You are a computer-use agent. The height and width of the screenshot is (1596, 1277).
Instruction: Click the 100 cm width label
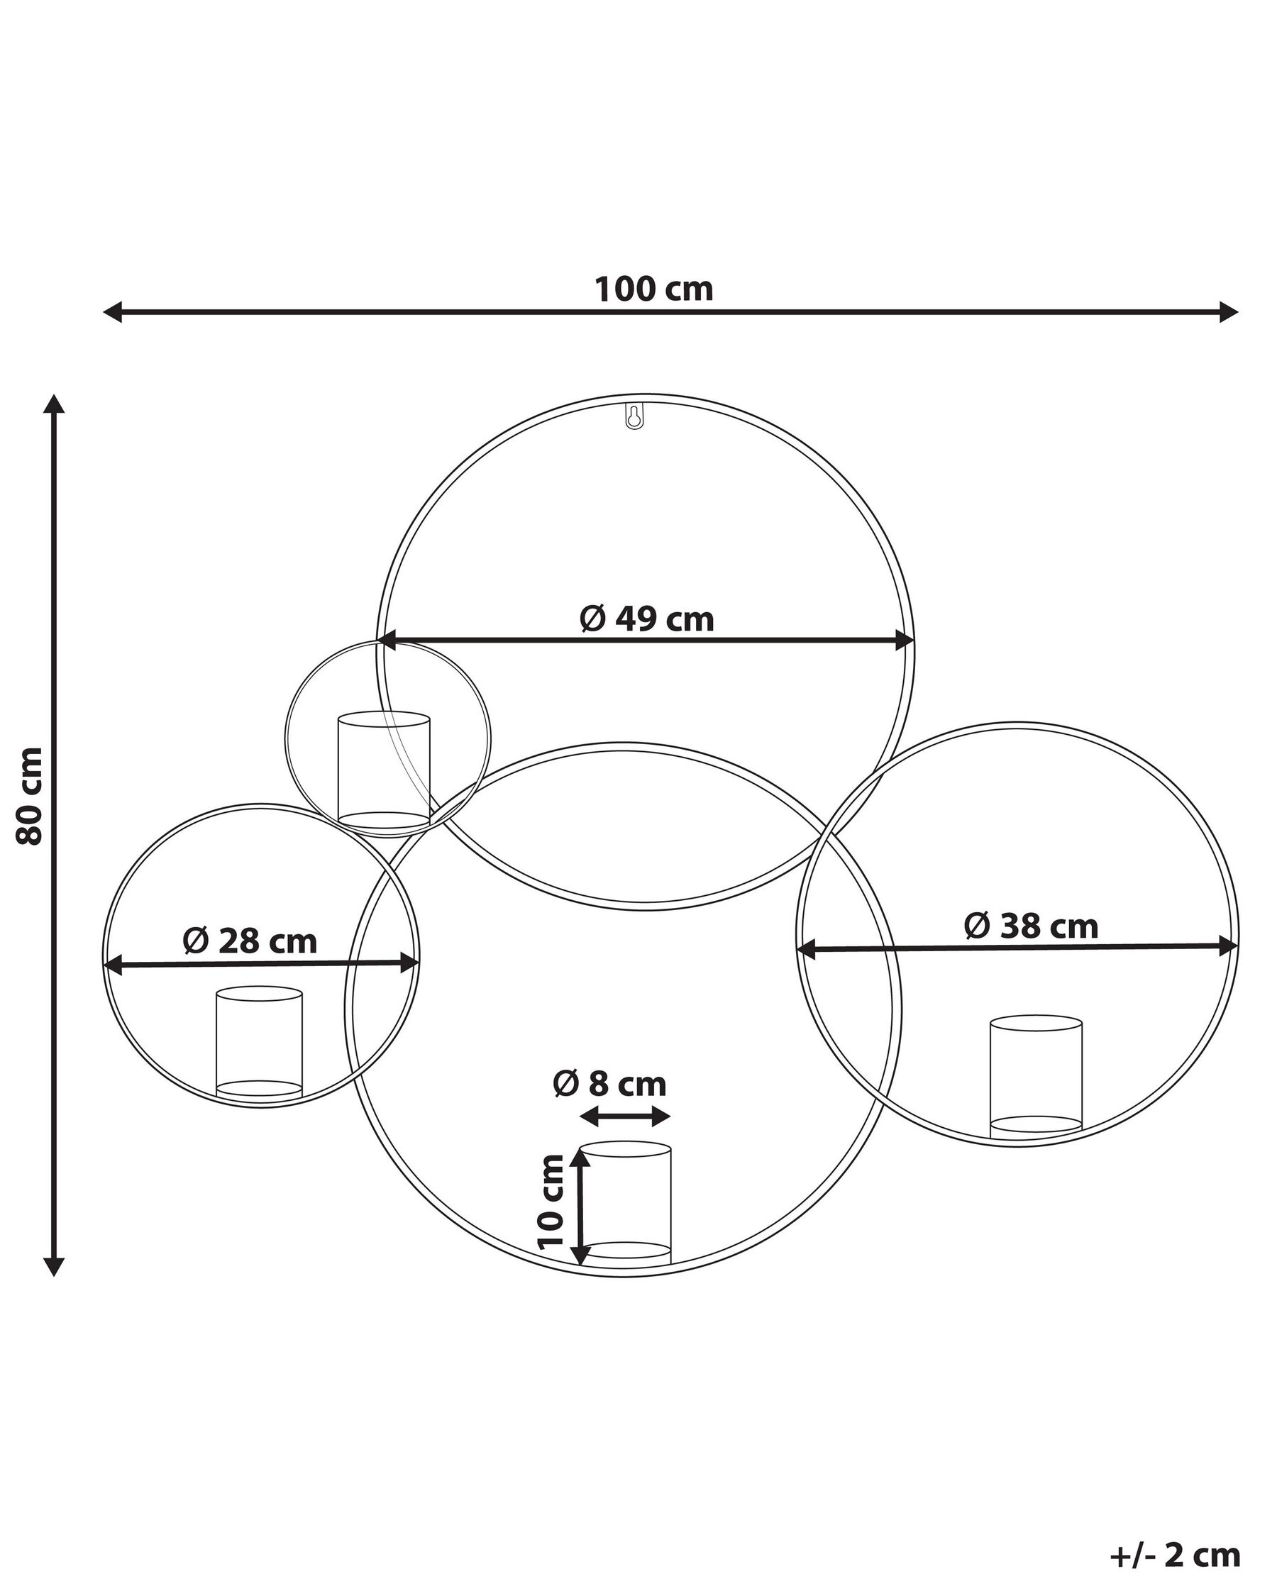[653, 289]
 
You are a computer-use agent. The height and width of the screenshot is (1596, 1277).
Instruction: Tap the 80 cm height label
[31, 796]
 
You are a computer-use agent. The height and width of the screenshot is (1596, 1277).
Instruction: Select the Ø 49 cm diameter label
[646, 619]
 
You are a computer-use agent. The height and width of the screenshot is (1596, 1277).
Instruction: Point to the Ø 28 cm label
[250, 941]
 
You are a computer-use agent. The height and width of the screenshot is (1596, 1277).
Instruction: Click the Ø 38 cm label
[1031, 926]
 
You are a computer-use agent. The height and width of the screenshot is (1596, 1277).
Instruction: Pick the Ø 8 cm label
[609, 1085]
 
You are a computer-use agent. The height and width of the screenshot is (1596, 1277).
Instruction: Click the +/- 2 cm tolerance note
[1175, 1534]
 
